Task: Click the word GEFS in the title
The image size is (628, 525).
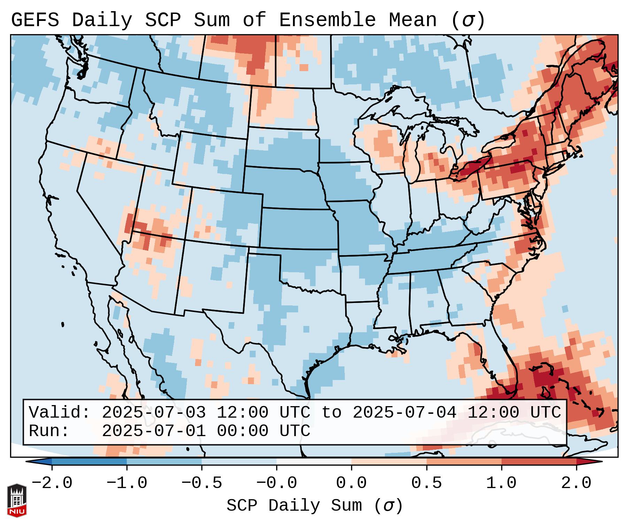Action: click(35, 20)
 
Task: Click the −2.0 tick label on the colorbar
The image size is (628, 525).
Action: click(52, 483)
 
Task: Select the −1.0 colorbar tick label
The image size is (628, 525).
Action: click(127, 483)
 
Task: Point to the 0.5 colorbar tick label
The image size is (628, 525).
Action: click(426, 483)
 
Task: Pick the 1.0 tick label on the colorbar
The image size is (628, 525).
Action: click(501, 483)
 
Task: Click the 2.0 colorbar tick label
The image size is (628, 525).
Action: click(576, 483)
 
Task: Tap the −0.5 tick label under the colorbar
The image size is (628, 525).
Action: click(202, 483)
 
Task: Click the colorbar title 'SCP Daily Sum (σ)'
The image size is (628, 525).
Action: click(315, 505)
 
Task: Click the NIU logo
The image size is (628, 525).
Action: click(17, 500)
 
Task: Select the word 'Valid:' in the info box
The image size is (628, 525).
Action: click(60, 412)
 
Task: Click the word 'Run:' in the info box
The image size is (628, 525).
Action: click(49, 431)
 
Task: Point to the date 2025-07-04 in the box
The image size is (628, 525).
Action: click(404, 412)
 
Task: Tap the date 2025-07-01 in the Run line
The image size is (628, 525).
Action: click(154, 431)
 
